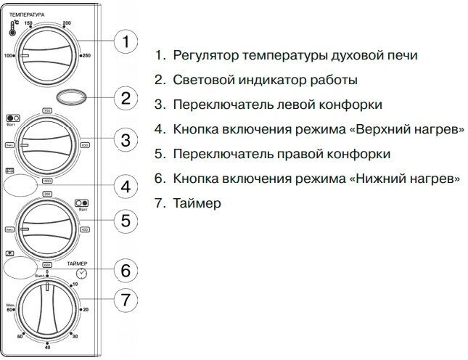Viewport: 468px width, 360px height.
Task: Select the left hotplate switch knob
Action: click(x=48, y=145)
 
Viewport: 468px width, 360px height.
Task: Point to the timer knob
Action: click(x=48, y=312)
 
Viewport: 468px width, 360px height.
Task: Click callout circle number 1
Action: click(x=126, y=42)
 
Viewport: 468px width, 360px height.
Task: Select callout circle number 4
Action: click(x=126, y=187)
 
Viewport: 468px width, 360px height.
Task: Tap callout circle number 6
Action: click(x=126, y=271)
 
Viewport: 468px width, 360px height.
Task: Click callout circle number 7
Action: click(x=126, y=299)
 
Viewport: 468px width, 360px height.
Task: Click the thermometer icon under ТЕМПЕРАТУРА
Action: click(x=13, y=28)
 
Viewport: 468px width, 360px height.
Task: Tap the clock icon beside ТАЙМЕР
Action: click(x=82, y=273)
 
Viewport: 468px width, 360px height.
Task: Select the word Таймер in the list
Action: click(x=197, y=204)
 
